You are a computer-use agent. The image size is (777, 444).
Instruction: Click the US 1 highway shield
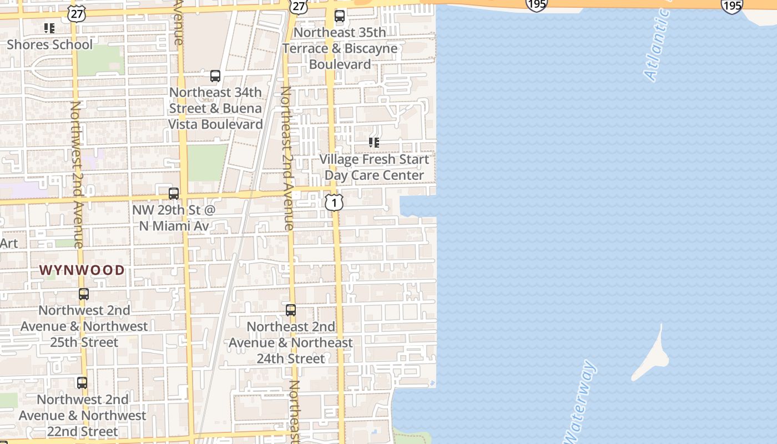[x=334, y=203]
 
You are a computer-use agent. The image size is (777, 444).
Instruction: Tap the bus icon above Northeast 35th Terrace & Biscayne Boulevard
[x=340, y=16]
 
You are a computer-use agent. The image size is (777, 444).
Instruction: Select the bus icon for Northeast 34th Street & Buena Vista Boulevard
[x=215, y=76]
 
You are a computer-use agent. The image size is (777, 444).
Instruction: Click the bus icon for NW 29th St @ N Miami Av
[x=174, y=193]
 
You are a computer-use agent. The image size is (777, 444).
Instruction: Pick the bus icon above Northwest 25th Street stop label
[x=84, y=294]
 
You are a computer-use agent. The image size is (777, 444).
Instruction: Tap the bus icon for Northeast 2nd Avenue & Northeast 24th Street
[x=291, y=310]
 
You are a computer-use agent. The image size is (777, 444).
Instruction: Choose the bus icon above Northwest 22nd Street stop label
[x=82, y=382]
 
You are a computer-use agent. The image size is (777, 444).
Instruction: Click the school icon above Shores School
[x=49, y=28]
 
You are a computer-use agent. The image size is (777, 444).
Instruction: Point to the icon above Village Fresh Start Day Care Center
[x=374, y=143]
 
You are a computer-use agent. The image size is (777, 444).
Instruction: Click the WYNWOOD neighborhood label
[x=82, y=270]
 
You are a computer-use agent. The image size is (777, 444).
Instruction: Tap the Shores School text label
[x=49, y=44]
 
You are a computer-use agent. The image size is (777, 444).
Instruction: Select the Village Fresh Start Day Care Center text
[x=374, y=167]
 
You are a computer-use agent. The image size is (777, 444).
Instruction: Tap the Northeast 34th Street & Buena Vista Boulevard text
[x=215, y=108]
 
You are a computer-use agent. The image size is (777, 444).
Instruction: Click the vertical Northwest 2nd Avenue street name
[x=77, y=174]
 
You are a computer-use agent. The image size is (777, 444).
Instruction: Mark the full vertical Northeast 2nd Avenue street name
[x=286, y=158]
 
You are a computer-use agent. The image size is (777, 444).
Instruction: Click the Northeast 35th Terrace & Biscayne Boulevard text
[x=340, y=48]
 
